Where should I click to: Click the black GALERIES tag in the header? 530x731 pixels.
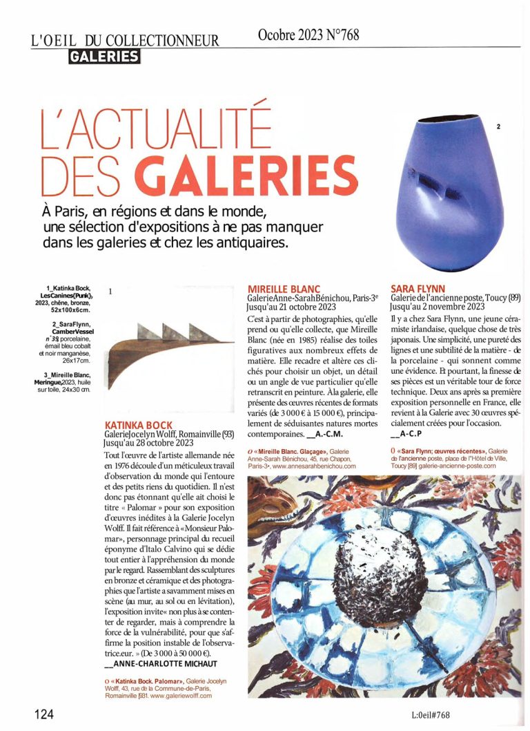click(x=104, y=57)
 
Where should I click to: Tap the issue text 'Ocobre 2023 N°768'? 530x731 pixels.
click(x=308, y=35)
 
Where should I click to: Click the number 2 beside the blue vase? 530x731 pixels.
click(x=498, y=126)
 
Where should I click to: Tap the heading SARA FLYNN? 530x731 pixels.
click(x=418, y=288)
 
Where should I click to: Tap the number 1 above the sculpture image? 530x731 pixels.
click(x=110, y=292)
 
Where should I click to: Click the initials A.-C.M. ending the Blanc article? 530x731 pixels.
click(x=324, y=435)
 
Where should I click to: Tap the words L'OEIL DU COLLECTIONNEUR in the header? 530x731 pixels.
click(x=125, y=40)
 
